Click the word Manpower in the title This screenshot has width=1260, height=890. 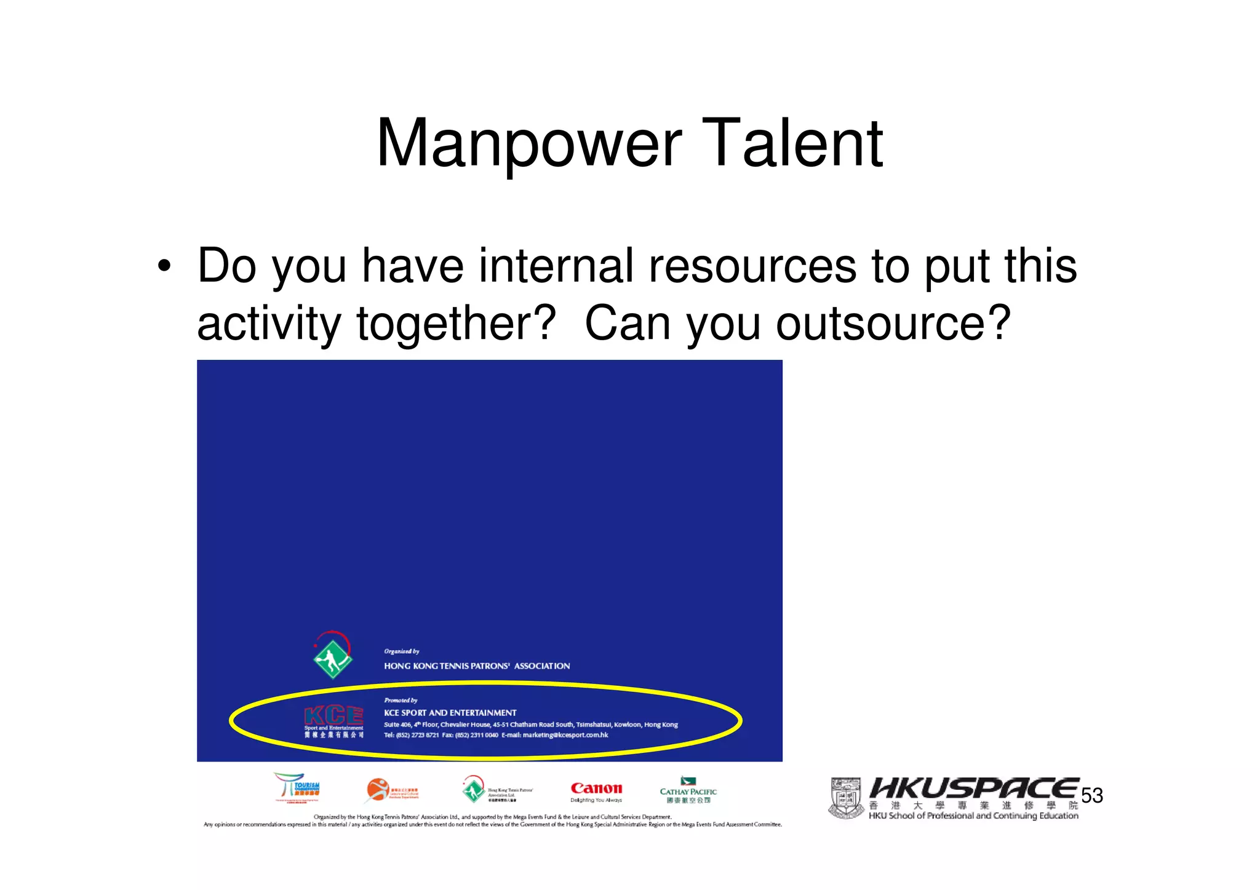click(x=529, y=144)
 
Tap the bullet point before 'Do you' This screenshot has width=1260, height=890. click(x=163, y=267)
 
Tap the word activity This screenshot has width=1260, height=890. click(x=269, y=324)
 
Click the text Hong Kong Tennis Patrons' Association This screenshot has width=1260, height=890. click(x=477, y=666)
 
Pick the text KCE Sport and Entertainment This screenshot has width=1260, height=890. click(x=450, y=713)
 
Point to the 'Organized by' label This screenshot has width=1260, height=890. click(x=401, y=651)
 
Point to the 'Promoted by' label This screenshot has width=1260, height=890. click(x=401, y=701)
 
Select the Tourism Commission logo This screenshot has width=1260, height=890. click(x=297, y=787)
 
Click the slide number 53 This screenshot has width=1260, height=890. click(x=1092, y=796)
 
